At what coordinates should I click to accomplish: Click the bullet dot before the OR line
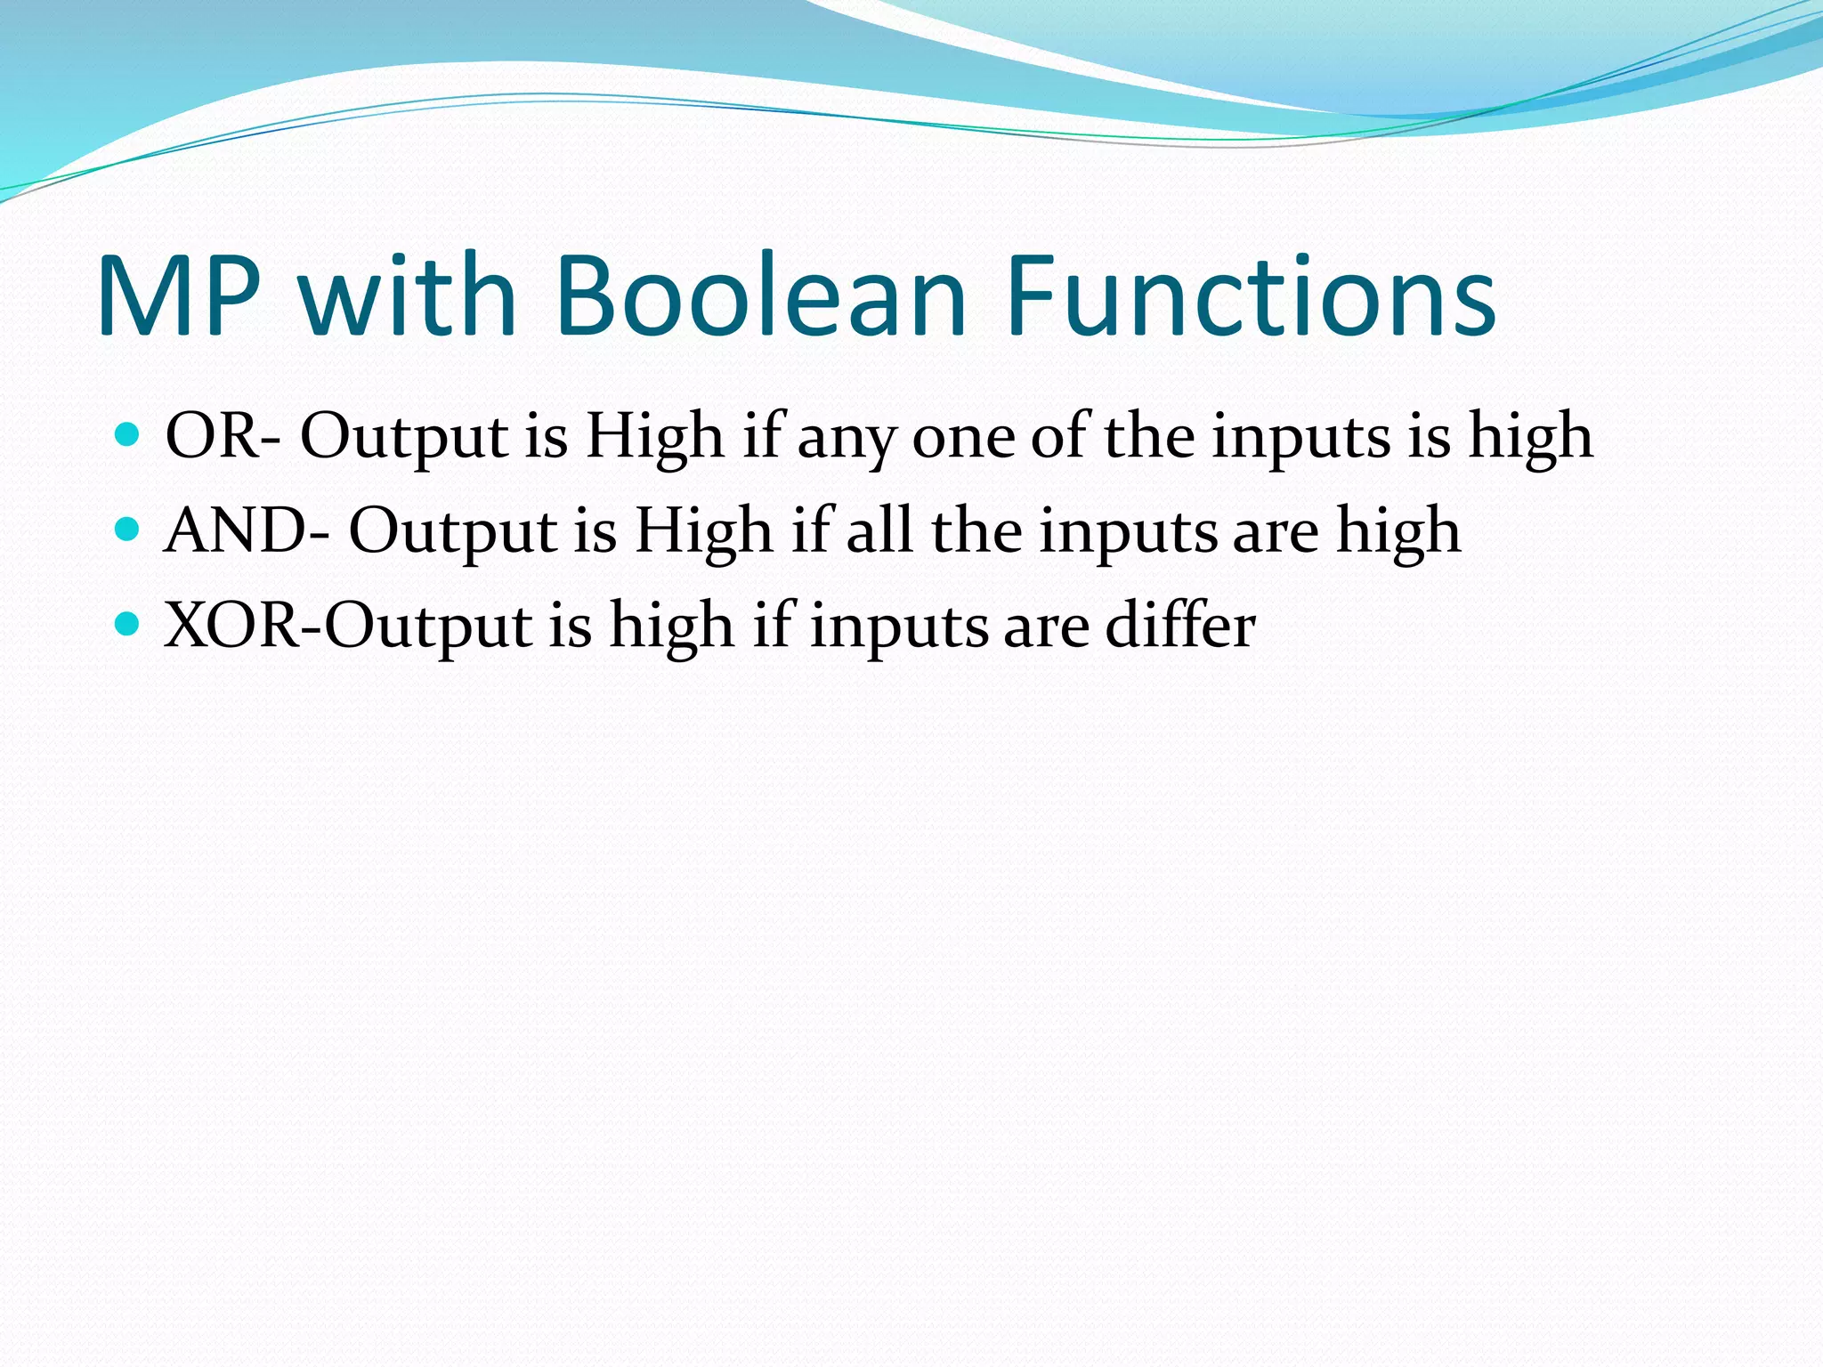128,434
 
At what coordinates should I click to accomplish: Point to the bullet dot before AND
128,530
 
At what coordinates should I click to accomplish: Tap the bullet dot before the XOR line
128,624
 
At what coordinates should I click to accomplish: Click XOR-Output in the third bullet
348,626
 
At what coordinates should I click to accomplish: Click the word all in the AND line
879,531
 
